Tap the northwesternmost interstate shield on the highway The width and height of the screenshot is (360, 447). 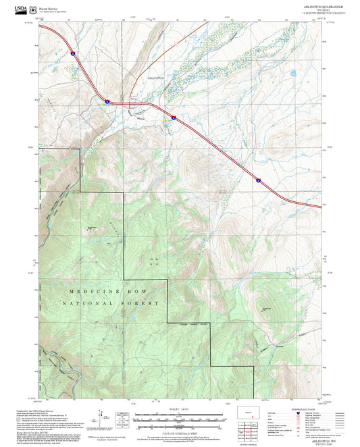click(72, 51)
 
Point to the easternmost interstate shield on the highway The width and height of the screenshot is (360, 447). click(258, 180)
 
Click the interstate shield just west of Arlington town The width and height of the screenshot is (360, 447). click(107, 101)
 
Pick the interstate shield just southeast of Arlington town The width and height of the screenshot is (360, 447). click(173, 117)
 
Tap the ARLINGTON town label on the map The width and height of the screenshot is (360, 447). click(155, 80)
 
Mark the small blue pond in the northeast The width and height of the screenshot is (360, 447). click(294, 72)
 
